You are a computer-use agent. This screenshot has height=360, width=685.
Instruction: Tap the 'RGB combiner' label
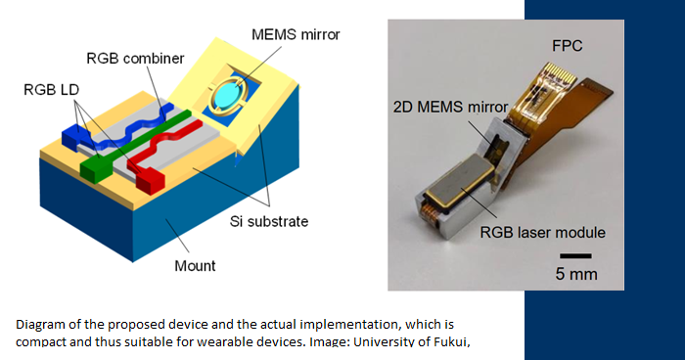click(x=135, y=59)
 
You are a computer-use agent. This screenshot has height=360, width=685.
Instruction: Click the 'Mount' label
click(x=194, y=264)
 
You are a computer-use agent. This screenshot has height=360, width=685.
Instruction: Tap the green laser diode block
click(x=96, y=169)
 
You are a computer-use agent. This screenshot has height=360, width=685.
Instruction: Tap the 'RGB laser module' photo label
click(x=542, y=232)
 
